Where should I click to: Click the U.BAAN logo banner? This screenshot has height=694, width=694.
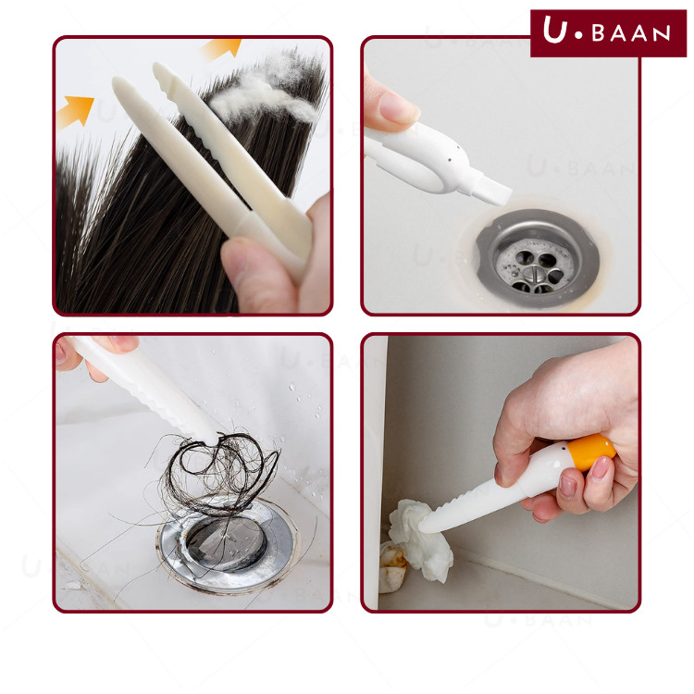608,33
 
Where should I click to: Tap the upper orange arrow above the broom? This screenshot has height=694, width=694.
224,48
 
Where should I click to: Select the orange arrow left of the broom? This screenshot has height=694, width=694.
75,111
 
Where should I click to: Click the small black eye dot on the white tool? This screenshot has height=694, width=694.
450,159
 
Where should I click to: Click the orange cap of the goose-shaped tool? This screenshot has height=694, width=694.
592,452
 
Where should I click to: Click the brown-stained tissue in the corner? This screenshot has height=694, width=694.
392,567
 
